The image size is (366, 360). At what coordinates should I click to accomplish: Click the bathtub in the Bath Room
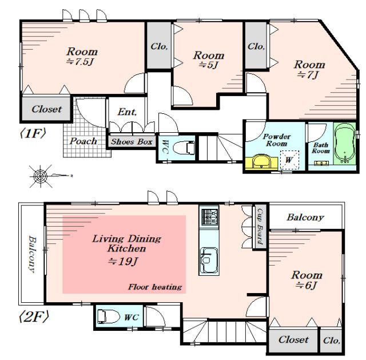click(x=345, y=143)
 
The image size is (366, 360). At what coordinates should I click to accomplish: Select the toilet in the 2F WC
click(x=108, y=317)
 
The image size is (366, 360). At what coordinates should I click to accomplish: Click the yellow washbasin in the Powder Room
click(x=261, y=161)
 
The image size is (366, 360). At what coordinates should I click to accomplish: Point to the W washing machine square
click(x=289, y=160)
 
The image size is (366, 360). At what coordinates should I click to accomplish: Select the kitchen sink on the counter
click(x=209, y=260)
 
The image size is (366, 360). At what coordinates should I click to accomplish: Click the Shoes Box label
click(x=132, y=141)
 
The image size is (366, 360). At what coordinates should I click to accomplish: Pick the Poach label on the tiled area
click(x=83, y=141)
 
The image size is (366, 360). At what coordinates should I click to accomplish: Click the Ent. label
click(x=127, y=112)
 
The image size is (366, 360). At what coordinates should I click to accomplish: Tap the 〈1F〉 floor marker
click(x=33, y=133)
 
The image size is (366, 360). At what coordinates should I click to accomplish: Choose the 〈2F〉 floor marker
click(x=34, y=317)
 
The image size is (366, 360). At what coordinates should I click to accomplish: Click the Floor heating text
click(x=155, y=287)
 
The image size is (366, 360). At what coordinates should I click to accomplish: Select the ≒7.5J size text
click(x=80, y=62)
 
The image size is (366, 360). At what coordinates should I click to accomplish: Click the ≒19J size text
click(x=122, y=262)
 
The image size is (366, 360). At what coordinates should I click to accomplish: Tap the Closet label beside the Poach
click(x=47, y=109)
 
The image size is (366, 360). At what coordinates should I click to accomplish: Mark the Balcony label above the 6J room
click(x=305, y=217)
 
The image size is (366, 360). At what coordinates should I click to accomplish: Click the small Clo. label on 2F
click(x=332, y=341)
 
